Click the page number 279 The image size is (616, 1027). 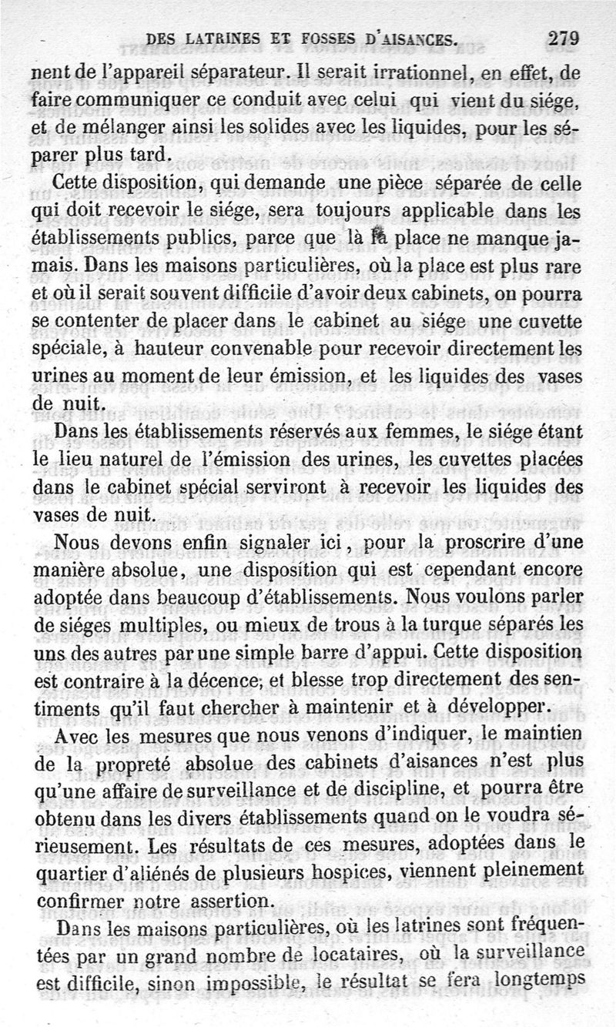563,38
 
